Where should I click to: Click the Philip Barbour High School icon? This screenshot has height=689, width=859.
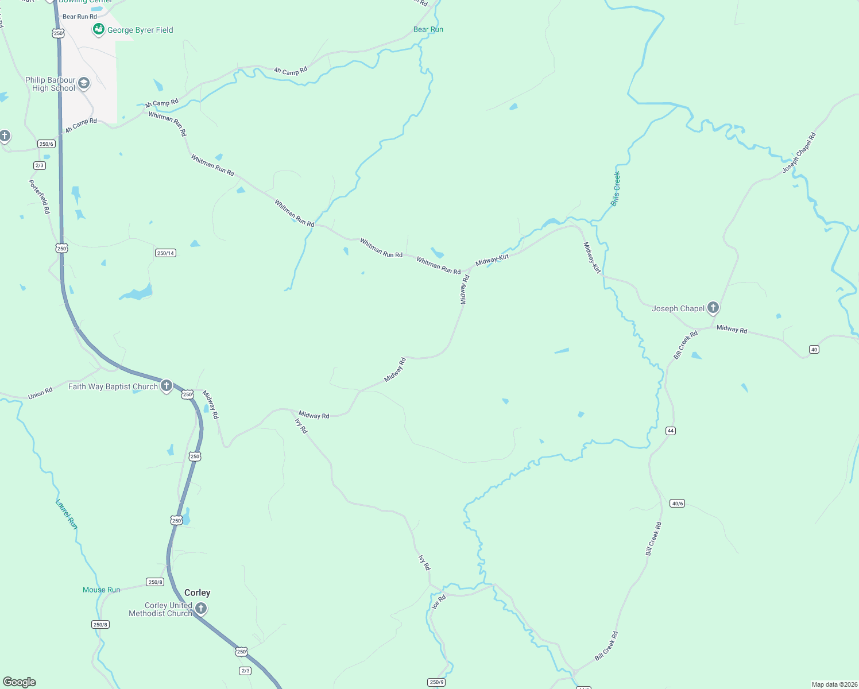click(84, 84)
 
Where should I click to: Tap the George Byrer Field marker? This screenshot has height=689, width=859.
click(99, 29)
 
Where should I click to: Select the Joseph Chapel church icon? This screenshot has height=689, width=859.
click(713, 308)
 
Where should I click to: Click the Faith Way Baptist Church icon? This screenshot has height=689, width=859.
click(167, 386)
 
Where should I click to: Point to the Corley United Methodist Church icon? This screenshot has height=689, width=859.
click(201, 608)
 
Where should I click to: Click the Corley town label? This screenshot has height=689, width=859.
click(197, 593)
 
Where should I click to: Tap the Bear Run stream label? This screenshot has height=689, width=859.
click(428, 29)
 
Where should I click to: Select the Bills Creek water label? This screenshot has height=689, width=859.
click(616, 189)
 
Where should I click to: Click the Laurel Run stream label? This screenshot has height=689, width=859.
click(66, 514)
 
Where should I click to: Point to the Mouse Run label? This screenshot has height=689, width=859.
click(102, 590)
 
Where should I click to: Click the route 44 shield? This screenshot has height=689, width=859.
click(670, 431)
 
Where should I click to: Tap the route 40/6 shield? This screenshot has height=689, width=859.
click(677, 504)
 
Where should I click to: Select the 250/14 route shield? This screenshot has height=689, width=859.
click(165, 253)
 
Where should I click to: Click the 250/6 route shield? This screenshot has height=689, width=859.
click(47, 144)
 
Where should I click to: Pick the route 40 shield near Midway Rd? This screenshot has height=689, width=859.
click(814, 349)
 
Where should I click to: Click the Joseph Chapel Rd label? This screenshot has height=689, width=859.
click(799, 153)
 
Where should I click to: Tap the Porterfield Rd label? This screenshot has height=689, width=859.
click(40, 197)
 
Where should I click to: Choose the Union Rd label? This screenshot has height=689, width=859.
click(40, 393)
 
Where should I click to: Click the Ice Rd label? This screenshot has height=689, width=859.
click(439, 602)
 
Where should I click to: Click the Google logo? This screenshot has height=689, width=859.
click(20, 682)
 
